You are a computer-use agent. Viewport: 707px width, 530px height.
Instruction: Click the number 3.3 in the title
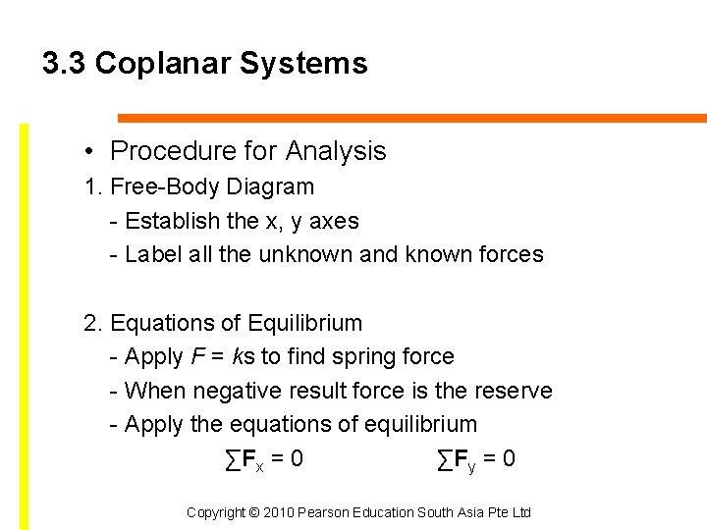pyautogui.click(x=64, y=64)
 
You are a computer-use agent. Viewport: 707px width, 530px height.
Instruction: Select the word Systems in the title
pyautogui.click(x=302, y=64)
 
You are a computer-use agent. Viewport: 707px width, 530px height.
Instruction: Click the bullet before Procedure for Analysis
pyautogui.click(x=88, y=151)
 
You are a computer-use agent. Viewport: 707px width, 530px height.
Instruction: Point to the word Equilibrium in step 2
pyautogui.click(x=305, y=323)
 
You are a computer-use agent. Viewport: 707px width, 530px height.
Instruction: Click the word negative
pyautogui.click(x=231, y=391)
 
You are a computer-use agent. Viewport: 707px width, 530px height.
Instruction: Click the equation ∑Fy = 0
pyautogui.click(x=476, y=459)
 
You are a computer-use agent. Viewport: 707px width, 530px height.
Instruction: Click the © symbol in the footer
pyautogui.click(x=252, y=512)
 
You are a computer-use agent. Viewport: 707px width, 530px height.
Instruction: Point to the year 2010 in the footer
pyautogui.click(x=277, y=512)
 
